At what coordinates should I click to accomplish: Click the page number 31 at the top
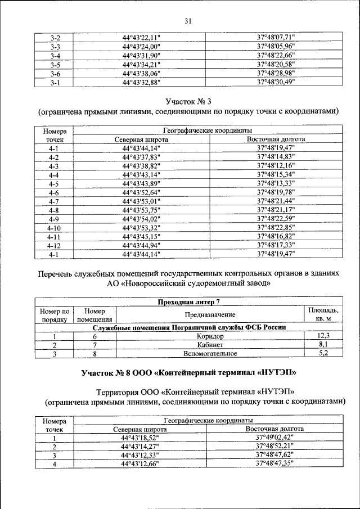click(188, 21)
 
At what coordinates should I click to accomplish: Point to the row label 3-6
click(55, 74)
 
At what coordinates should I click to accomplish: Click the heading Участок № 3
click(188, 101)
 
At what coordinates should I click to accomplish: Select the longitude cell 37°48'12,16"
click(276, 166)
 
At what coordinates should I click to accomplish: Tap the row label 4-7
click(55, 201)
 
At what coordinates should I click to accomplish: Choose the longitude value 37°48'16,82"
click(276, 236)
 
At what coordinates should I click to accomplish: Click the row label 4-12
click(55, 245)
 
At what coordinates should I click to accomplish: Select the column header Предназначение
click(209, 315)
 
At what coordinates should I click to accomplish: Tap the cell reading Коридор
click(210, 336)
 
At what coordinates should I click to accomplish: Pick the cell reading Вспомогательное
click(210, 354)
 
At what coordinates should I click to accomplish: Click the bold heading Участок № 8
click(188, 372)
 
